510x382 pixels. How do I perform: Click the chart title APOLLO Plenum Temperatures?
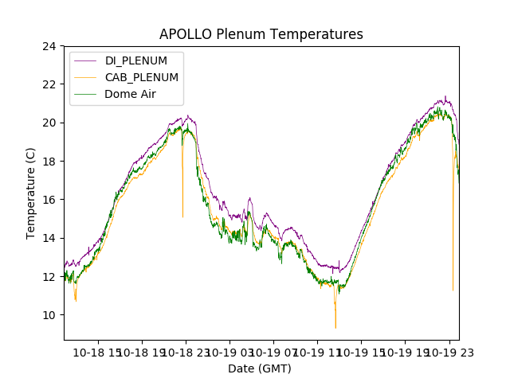(261, 34)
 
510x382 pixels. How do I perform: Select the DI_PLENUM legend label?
(136, 61)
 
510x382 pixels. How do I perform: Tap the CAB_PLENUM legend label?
(141, 78)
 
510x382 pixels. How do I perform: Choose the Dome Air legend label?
(131, 94)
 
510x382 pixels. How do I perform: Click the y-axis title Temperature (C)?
(31, 193)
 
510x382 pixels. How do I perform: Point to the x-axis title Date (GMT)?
(260, 368)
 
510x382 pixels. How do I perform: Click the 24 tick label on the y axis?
(49, 46)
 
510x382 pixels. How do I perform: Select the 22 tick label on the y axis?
(49, 84)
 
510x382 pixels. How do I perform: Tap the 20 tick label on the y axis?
(49, 123)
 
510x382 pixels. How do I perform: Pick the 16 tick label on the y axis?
(49, 200)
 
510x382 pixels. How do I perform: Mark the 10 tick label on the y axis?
(49, 315)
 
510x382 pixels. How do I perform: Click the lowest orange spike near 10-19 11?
(335, 327)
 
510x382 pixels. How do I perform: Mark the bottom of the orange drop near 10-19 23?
(453, 290)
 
